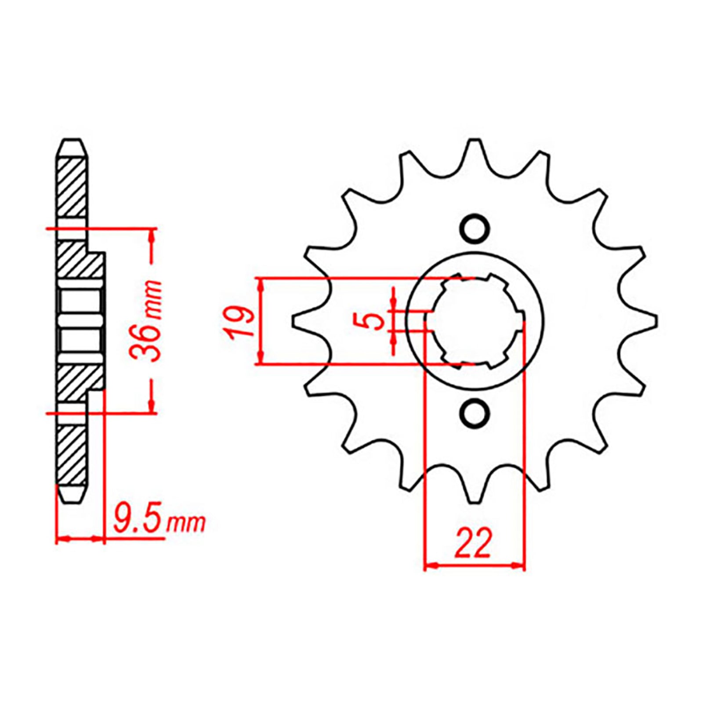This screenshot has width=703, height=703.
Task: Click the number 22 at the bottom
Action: [x=474, y=544]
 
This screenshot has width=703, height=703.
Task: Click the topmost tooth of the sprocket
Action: [x=474, y=149]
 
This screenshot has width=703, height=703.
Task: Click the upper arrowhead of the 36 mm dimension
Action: [x=152, y=235]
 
